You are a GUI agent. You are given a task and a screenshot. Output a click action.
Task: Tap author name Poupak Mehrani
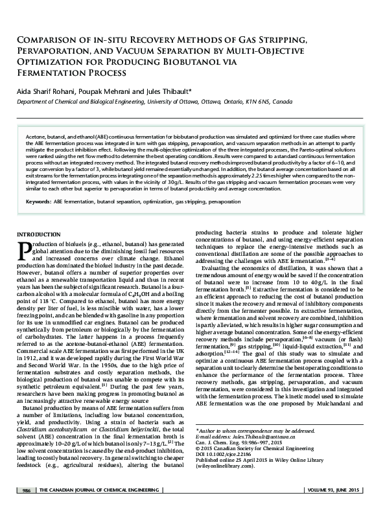[106, 91]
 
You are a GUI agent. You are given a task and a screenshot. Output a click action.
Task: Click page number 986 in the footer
[27, 507]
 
